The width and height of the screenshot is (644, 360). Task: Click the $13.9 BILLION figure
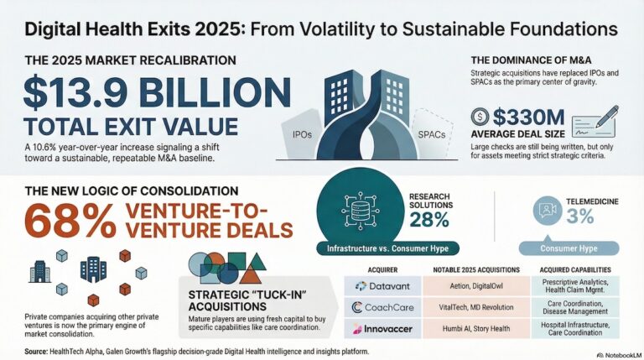click(x=158, y=91)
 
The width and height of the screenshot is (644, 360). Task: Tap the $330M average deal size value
click(x=528, y=117)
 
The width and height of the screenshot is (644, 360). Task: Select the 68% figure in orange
click(x=70, y=221)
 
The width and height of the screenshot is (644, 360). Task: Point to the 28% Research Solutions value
click(x=429, y=220)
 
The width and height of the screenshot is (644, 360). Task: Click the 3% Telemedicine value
click(x=580, y=217)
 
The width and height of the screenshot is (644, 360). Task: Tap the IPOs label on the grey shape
click(x=302, y=134)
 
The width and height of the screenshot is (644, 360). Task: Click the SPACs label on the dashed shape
click(x=432, y=134)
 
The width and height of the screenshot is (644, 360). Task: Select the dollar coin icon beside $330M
click(x=480, y=117)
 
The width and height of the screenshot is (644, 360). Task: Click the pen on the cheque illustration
click(x=607, y=116)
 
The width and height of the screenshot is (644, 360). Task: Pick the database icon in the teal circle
click(x=361, y=210)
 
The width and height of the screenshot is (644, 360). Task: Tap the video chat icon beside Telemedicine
click(x=548, y=211)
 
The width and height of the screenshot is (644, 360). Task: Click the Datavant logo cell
click(x=382, y=286)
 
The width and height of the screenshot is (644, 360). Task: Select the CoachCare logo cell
click(x=382, y=307)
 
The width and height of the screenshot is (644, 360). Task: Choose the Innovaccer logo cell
click(x=382, y=329)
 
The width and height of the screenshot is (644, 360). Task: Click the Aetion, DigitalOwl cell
click(x=476, y=286)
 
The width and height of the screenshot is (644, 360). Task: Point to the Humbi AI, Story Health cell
click(x=476, y=329)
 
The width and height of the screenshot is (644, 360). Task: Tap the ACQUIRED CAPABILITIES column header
click(x=575, y=270)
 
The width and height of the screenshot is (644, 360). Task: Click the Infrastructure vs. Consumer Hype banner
click(x=387, y=248)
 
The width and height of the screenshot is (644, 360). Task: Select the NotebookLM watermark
click(x=620, y=355)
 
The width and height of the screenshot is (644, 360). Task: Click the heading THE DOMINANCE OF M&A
click(x=531, y=60)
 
